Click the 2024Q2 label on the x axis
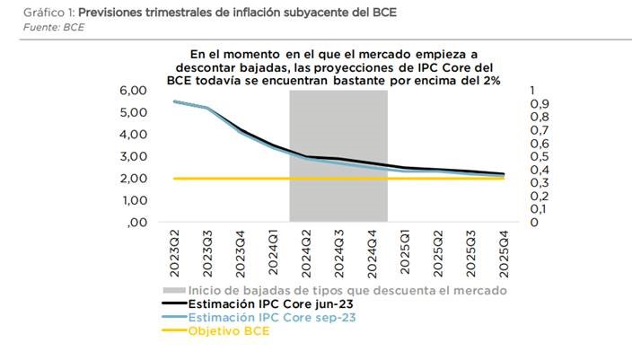[306, 253]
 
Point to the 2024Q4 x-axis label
[372, 253]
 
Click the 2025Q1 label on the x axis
[405, 253]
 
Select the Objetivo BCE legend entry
[228, 331]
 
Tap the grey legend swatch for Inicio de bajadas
[173, 291]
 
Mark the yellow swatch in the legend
[173, 331]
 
